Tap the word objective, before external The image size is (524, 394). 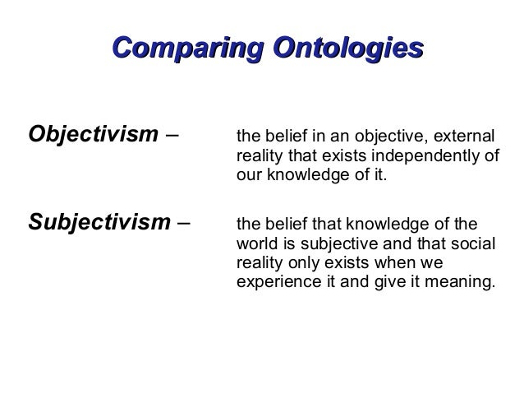[398, 135]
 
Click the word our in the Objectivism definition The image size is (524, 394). [248, 176]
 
